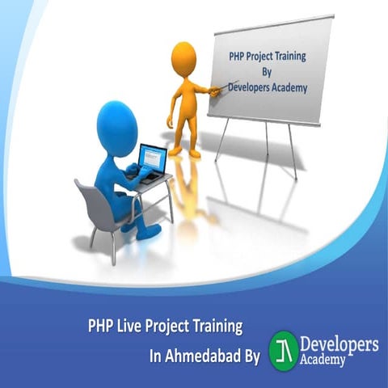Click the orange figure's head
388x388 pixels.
(184, 59)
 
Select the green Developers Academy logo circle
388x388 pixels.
(282, 348)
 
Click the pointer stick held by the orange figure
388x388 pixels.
(213, 90)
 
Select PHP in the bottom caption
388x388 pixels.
(100, 327)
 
